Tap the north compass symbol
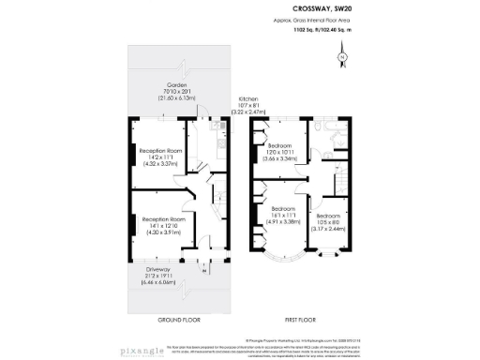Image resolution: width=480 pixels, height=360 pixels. tap(343, 58)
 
